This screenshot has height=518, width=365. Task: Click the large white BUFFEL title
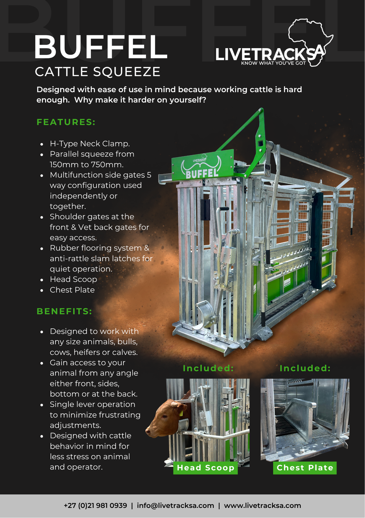[101, 47]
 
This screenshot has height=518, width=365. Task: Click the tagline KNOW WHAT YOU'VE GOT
[273, 63]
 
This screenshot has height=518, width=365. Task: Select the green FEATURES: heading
[66, 122]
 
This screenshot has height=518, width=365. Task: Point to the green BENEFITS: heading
[64, 311]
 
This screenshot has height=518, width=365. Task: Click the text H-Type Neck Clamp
[90, 143]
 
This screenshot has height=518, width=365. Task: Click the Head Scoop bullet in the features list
[73, 279]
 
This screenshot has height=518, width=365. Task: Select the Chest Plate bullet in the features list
[72, 290]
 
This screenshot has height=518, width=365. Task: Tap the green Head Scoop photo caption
[205, 468]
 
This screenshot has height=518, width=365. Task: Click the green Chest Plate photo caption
[305, 468]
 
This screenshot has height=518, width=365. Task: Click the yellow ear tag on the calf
[181, 413]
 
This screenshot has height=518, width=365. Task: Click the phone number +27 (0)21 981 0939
[95, 506]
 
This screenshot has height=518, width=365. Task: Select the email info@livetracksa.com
[175, 506]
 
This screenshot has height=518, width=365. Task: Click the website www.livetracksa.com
[262, 506]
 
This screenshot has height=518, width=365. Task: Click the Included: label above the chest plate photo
[305, 368]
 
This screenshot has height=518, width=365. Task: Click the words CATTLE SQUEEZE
[98, 72]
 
